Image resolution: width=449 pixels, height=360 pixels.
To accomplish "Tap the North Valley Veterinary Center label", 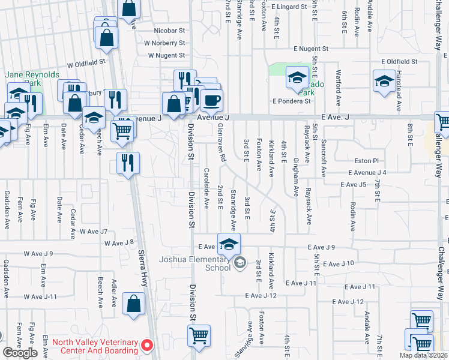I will click(x=94, y=347).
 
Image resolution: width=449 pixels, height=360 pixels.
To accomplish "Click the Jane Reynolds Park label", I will click(x=32, y=79).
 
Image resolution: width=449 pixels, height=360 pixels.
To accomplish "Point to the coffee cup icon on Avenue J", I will click(x=211, y=100).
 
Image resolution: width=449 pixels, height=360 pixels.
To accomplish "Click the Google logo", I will click(x=20, y=353).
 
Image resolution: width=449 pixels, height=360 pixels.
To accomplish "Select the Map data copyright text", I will click(x=424, y=355).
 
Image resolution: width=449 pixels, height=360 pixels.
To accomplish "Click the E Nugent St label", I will click(x=311, y=49).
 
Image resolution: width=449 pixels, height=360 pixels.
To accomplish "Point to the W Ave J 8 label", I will click(x=118, y=243).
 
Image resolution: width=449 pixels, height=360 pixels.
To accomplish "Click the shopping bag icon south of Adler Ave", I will click(x=133, y=305).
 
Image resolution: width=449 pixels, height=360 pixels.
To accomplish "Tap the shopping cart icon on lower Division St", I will click(x=199, y=336).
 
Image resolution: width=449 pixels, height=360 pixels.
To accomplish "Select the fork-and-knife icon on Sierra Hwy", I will click(x=128, y=163).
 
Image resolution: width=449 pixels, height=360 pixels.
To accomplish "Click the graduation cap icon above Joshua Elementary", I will click(x=229, y=244).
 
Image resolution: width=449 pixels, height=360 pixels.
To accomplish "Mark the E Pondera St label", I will click(x=291, y=101).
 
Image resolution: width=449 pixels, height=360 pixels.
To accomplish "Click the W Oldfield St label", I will click(x=86, y=61).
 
